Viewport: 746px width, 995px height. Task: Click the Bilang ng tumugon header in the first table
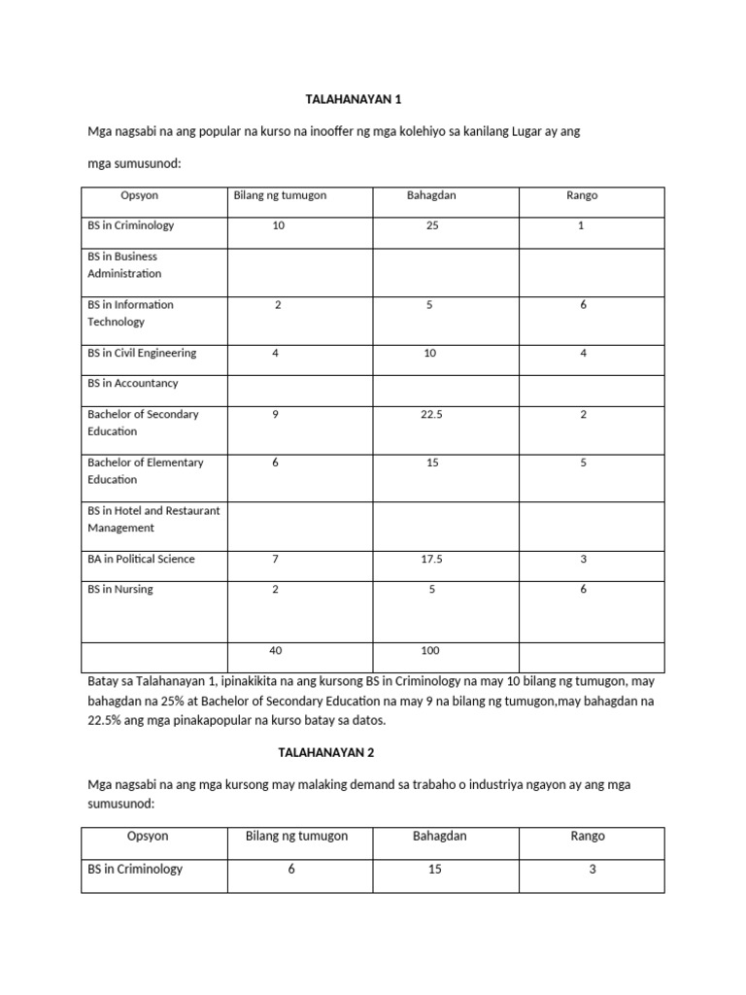280,195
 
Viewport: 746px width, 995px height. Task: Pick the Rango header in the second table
589,836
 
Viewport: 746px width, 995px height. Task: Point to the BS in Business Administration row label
124,265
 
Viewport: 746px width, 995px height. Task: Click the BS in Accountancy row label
133,383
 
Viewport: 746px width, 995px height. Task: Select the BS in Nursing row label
119,589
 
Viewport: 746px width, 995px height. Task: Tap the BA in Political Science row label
141,559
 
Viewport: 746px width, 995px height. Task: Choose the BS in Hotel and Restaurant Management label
153,519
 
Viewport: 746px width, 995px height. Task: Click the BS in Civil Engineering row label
142,353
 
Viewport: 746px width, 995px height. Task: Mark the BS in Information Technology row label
130,313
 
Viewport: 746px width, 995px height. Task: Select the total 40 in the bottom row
278,650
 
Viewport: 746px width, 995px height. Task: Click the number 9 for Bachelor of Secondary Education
276,414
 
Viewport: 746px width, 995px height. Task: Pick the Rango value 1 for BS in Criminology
583,225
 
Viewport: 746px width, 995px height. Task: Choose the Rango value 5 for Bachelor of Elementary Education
583,463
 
